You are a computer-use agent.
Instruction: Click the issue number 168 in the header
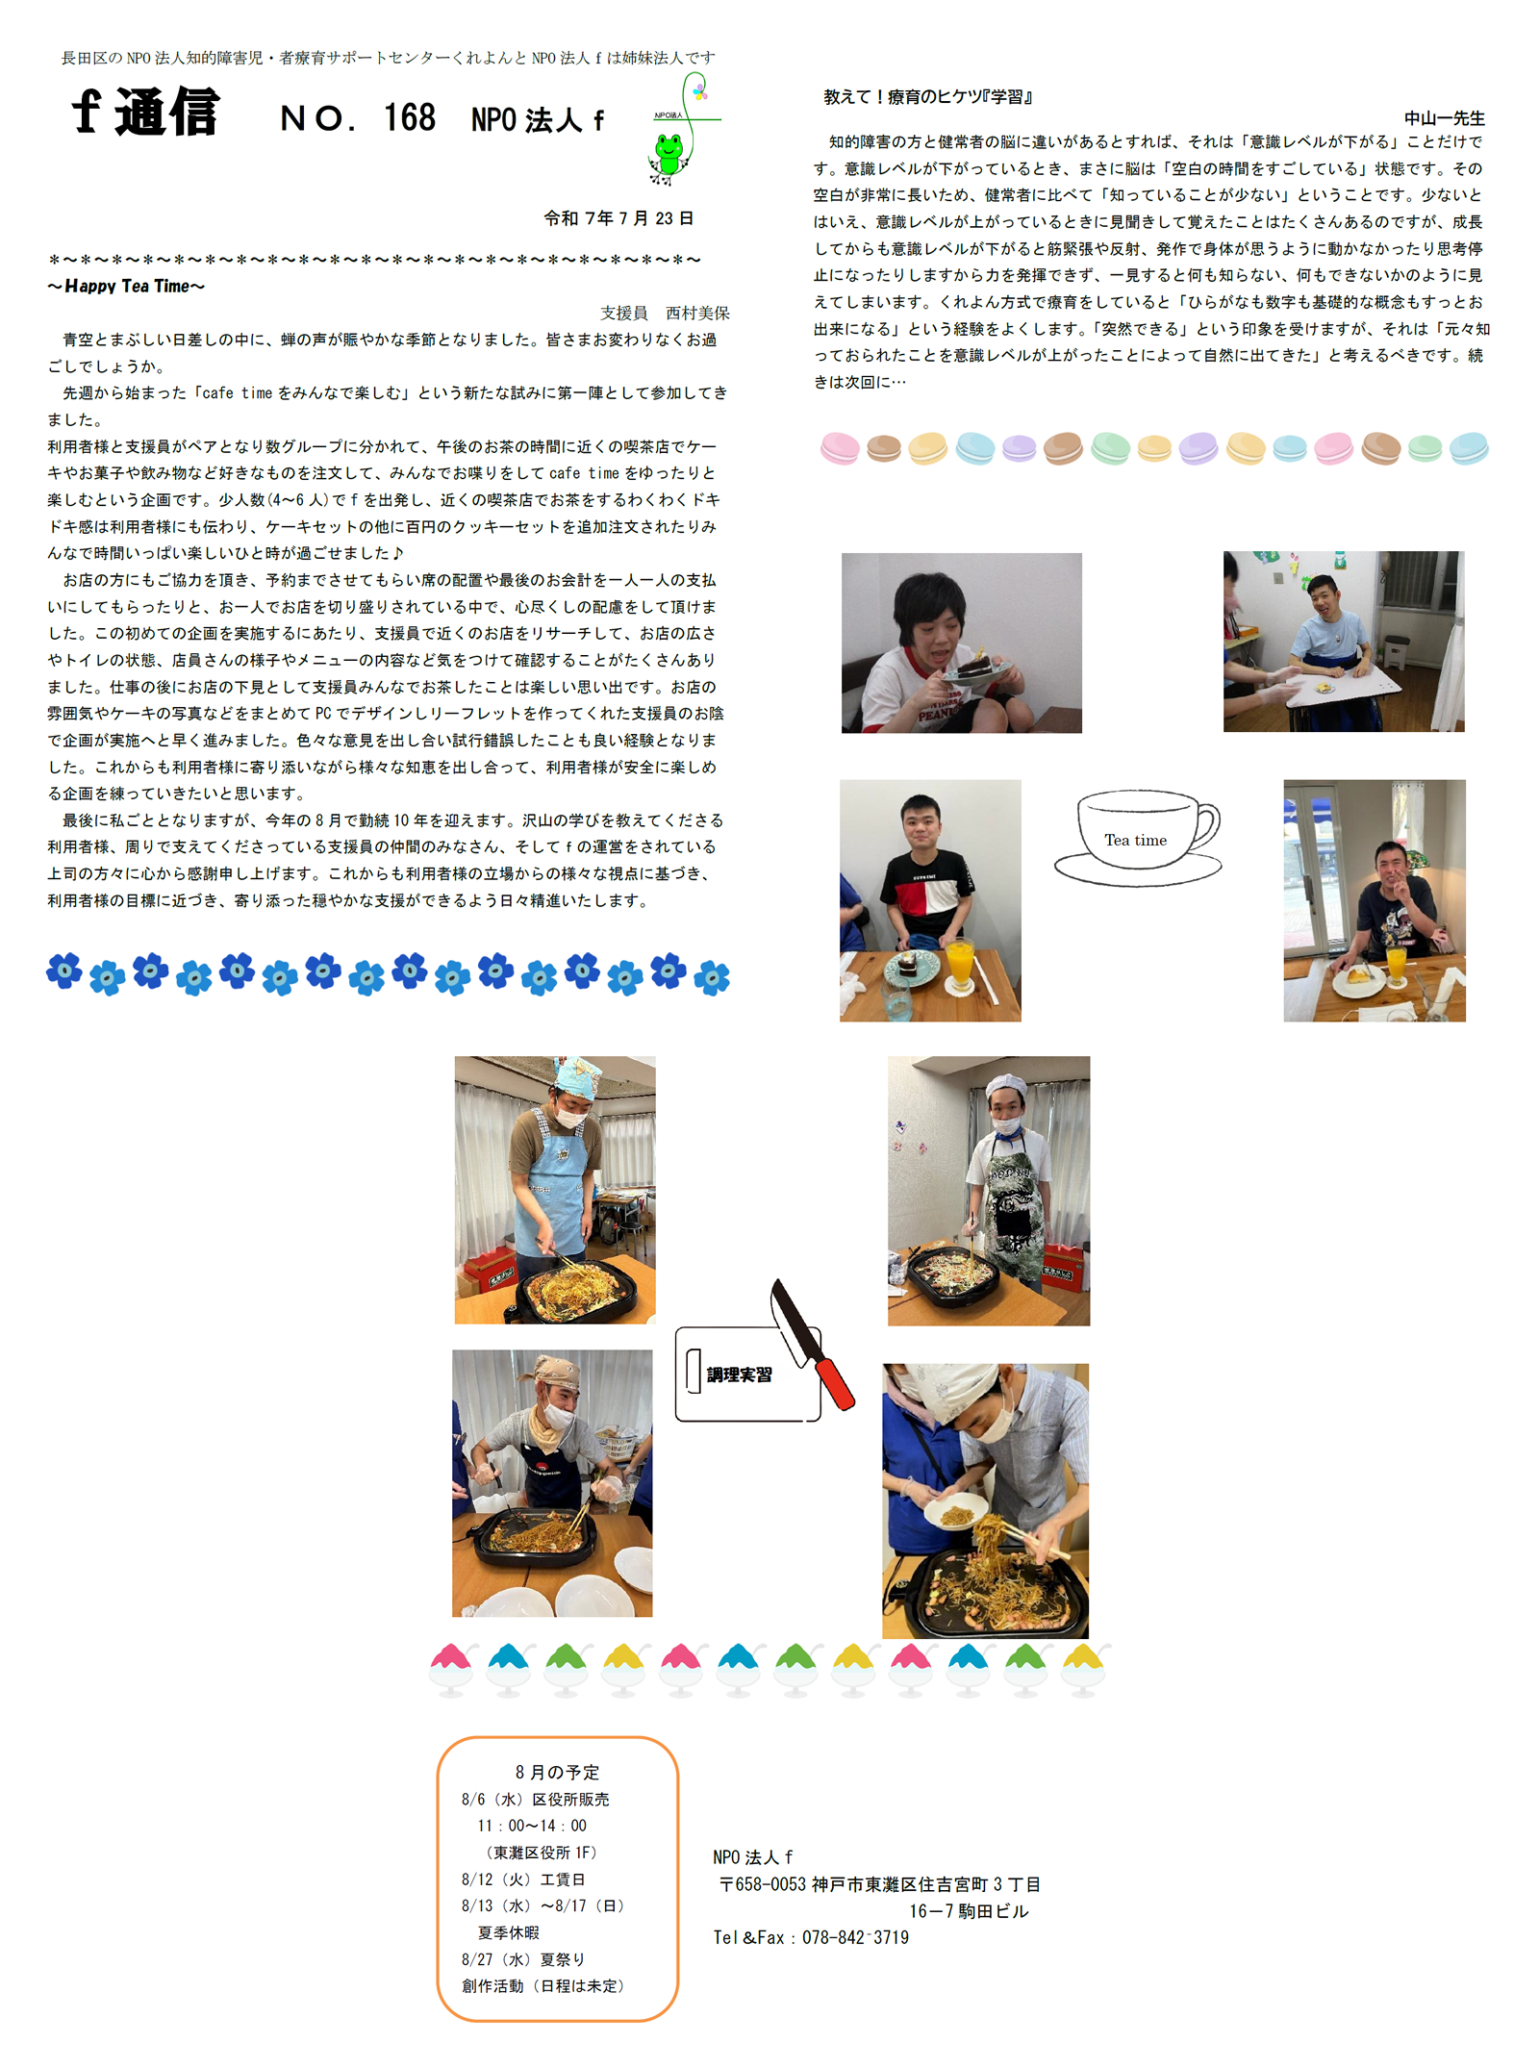(410, 118)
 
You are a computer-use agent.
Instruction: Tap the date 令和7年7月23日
(618, 218)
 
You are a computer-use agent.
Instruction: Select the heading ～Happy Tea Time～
(126, 286)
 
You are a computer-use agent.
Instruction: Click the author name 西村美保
(697, 313)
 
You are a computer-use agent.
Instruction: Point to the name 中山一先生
(1444, 118)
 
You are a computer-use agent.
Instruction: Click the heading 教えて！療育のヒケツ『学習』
(928, 97)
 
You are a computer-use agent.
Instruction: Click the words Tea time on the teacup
(1135, 840)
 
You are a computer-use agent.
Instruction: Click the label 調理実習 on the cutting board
(739, 1374)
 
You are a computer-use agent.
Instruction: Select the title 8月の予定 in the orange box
(557, 1772)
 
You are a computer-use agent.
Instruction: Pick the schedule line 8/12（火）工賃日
(523, 1879)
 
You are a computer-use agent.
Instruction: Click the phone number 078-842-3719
(855, 1937)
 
